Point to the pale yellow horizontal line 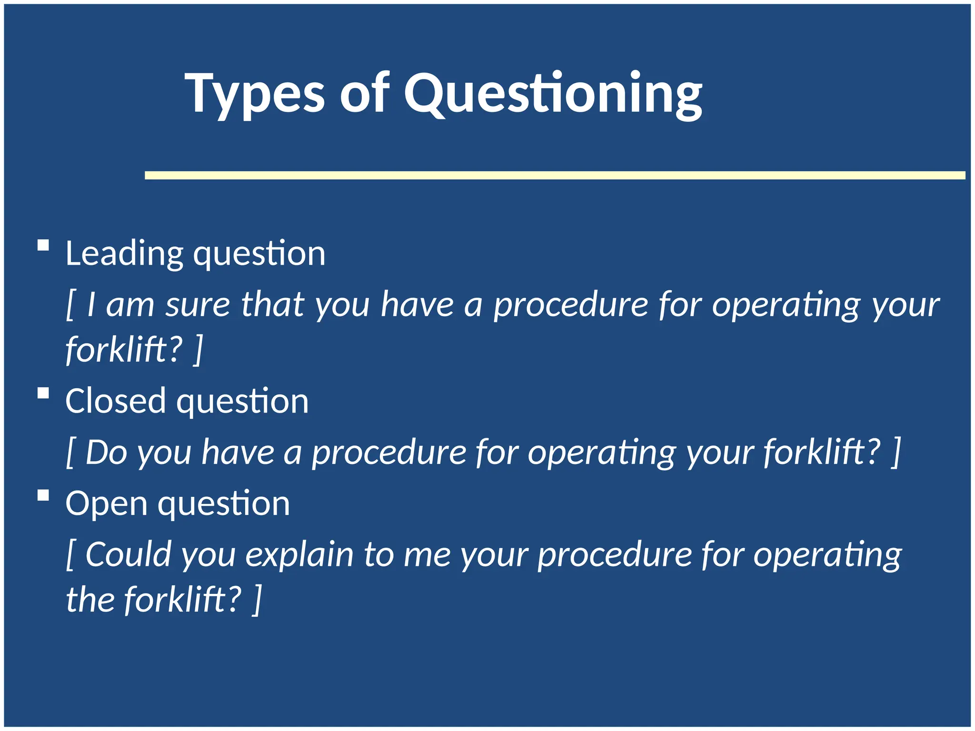click(x=555, y=176)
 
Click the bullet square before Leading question click(x=43, y=246)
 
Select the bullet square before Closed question click(x=43, y=393)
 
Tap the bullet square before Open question click(x=43, y=495)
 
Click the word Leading click(x=124, y=254)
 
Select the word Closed click(x=115, y=401)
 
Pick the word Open click(x=106, y=504)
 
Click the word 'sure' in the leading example click(x=198, y=305)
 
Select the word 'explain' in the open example click(x=299, y=554)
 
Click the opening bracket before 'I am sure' click(x=70, y=305)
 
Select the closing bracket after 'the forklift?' click(x=257, y=600)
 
